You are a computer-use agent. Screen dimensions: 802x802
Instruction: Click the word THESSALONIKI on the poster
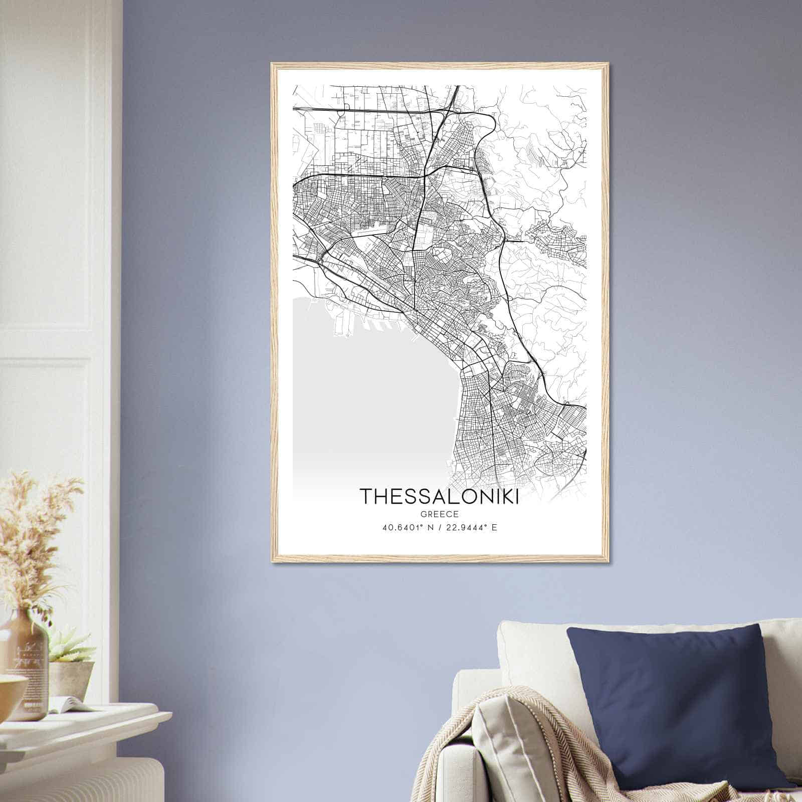coord(439,496)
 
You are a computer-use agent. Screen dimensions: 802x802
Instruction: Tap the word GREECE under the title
coord(439,514)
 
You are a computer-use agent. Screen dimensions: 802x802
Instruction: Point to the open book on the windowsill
coord(70,704)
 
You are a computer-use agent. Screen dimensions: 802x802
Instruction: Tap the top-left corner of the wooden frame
coord(272,64)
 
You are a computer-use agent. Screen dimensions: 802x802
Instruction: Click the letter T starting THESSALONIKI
coord(365,496)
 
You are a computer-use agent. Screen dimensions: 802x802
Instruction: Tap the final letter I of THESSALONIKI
coord(515,496)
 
